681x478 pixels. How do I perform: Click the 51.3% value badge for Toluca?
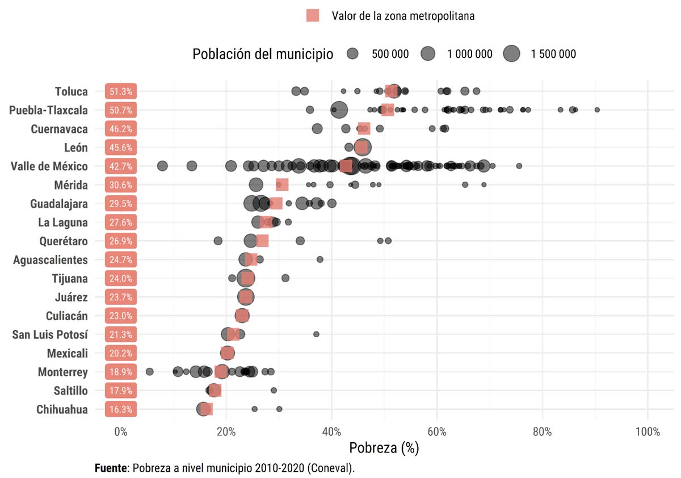click(x=120, y=91)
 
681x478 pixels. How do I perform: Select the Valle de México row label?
click(x=49, y=166)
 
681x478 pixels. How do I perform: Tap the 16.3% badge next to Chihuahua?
click(x=120, y=409)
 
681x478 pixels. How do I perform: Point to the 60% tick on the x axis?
click(x=437, y=432)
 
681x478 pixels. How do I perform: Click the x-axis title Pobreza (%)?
click(x=384, y=448)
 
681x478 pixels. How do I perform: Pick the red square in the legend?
click(x=313, y=16)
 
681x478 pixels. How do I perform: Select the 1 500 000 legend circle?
click(x=512, y=54)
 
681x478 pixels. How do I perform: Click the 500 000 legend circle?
click(x=353, y=54)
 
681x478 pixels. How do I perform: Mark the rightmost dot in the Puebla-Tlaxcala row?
click(x=597, y=110)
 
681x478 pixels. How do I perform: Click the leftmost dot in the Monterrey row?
click(x=150, y=372)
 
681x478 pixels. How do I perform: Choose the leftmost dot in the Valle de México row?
click(x=162, y=166)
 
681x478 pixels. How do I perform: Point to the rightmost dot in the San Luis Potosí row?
click(x=316, y=334)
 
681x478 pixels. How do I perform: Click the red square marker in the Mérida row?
click(x=282, y=185)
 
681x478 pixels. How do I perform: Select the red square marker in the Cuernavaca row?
click(x=364, y=128)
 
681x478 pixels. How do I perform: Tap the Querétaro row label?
click(x=64, y=241)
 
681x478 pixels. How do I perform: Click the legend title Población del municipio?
click(x=263, y=54)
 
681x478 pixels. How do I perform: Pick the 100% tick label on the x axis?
click(x=648, y=432)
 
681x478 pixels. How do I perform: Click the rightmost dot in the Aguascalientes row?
click(x=320, y=259)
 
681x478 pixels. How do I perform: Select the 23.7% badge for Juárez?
click(x=120, y=297)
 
